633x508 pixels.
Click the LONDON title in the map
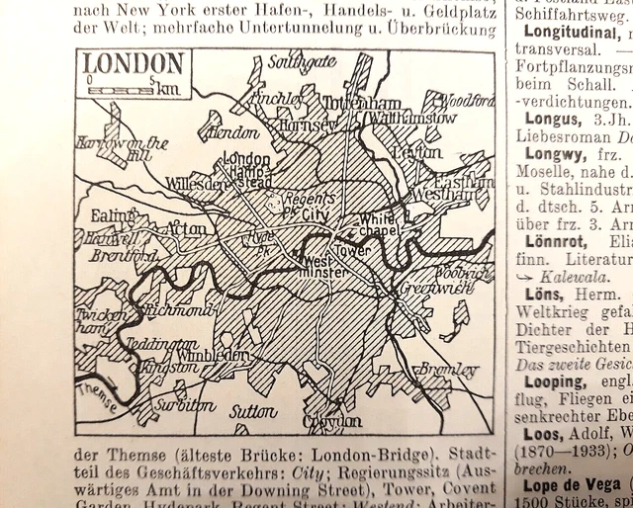[135, 65]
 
